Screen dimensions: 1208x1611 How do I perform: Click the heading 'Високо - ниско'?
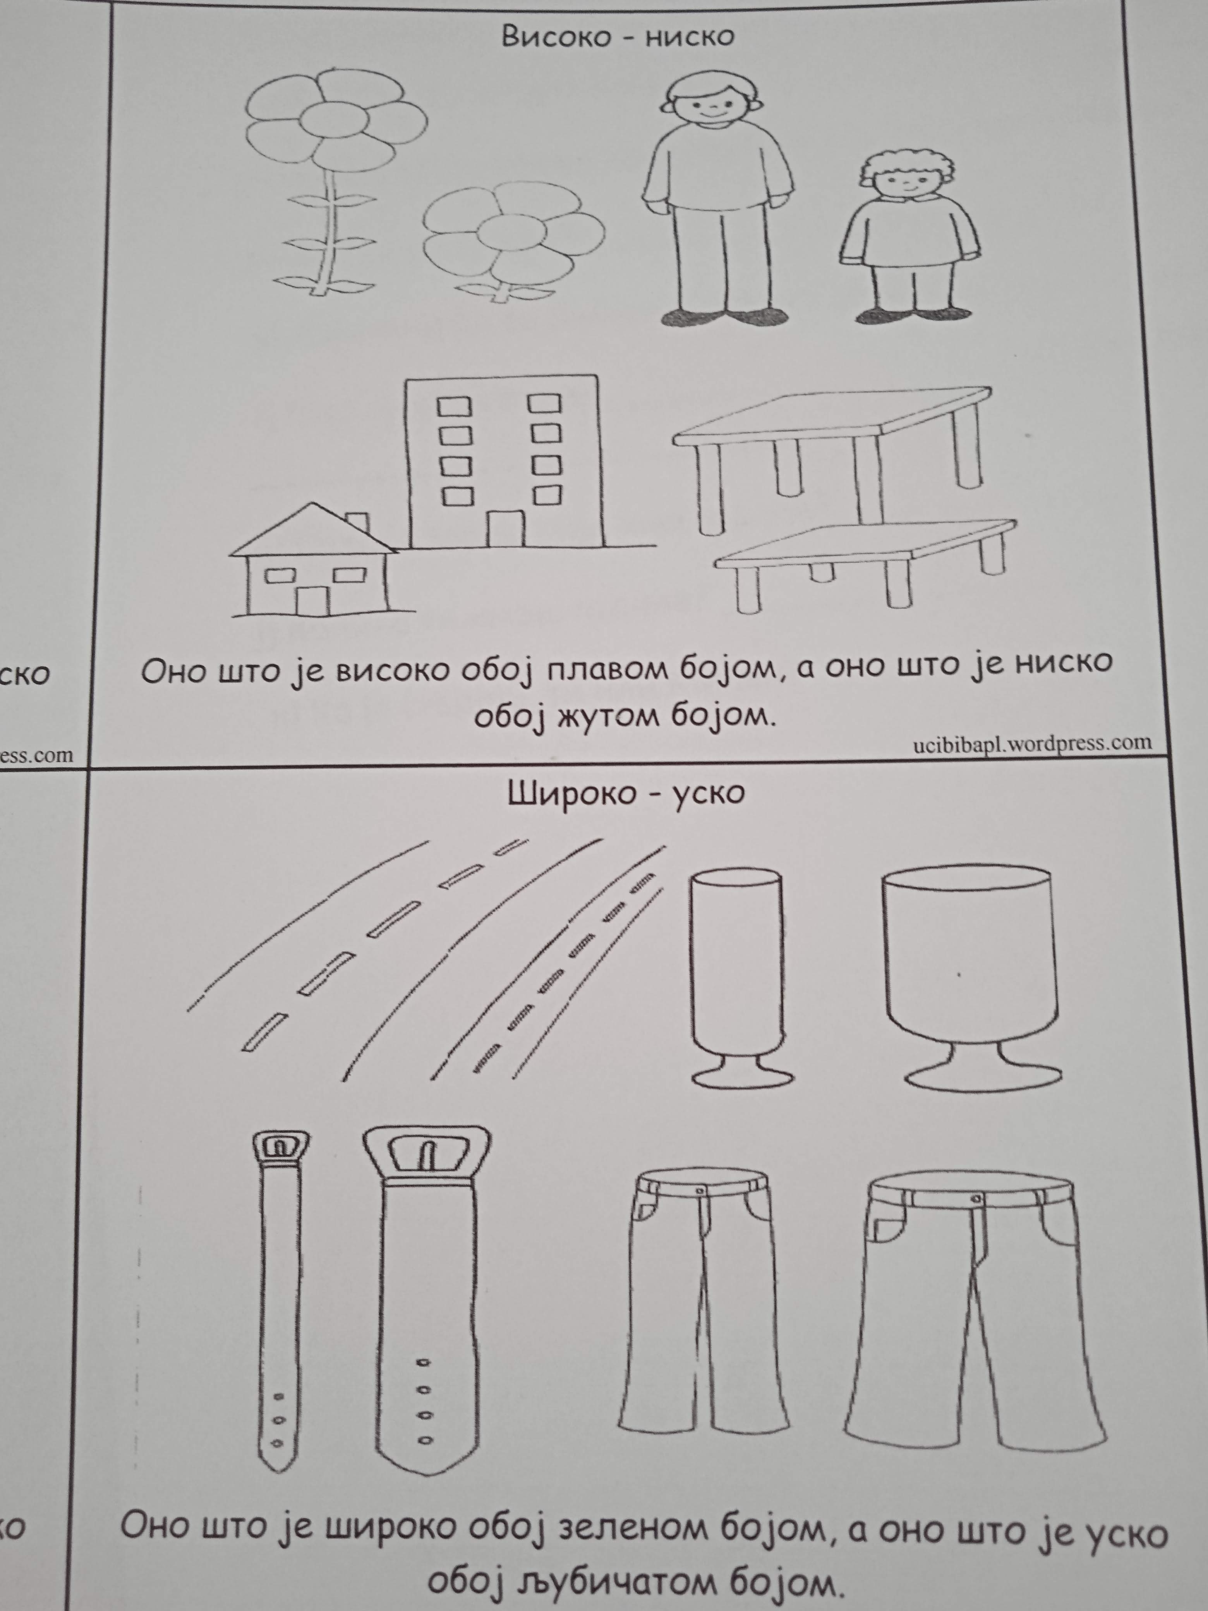click(x=618, y=36)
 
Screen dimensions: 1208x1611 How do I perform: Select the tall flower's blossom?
click(x=336, y=119)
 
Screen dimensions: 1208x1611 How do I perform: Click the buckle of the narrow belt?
click(x=281, y=1149)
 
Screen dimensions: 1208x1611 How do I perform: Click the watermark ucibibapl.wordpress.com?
click(x=1033, y=743)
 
